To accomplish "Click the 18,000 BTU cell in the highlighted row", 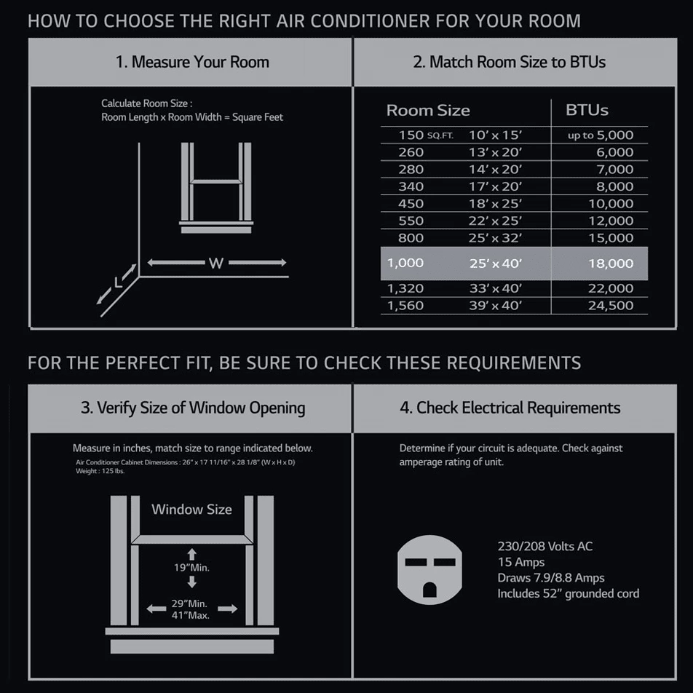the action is click(x=610, y=264).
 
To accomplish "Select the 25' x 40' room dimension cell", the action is click(x=496, y=264).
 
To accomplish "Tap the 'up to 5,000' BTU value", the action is click(x=600, y=135).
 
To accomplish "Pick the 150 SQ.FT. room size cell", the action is click(x=426, y=135).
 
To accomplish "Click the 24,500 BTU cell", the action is click(x=610, y=306).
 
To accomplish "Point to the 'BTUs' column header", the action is click(x=587, y=110).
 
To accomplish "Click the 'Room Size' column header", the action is click(x=428, y=110).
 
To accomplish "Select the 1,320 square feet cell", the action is click(x=405, y=288).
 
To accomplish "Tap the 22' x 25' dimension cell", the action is click(x=495, y=221).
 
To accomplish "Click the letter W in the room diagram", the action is click(x=216, y=263).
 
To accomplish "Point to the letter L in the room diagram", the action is click(x=118, y=282).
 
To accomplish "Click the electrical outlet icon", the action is click(x=429, y=570).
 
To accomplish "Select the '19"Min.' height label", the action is click(x=191, y=568).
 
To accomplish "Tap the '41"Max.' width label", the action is click(x=191, y=615).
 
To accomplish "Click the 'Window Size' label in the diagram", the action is click(x=192, y=509).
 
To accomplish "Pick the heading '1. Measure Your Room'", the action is click(x=192, y=62).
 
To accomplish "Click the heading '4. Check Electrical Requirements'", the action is click(x=510, y=408).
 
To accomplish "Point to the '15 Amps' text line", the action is click(x=521, y=562).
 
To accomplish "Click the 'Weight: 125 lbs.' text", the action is click(x=100, y=471).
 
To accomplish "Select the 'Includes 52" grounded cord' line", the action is click(x=569, y=593).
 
